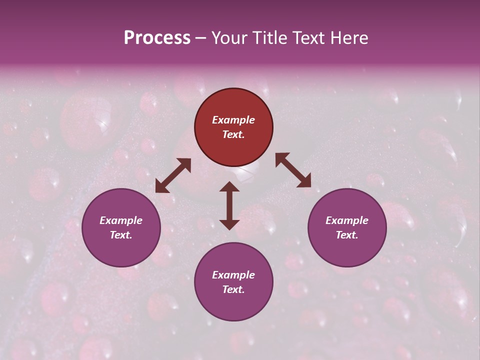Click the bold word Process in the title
pos(157,38)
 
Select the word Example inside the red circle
pos(233,120)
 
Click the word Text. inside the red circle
pos(233,134)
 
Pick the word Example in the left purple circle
pos(121,220)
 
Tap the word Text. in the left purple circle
pos(121,235)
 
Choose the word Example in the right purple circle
pos(347,220)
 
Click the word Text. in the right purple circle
pos(347,235)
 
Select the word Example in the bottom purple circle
pos(233,275)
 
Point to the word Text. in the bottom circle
pos(233,289)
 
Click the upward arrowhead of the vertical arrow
pos(229,185)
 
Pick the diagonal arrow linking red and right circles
pos(293,170)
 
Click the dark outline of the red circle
pos(233,89)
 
